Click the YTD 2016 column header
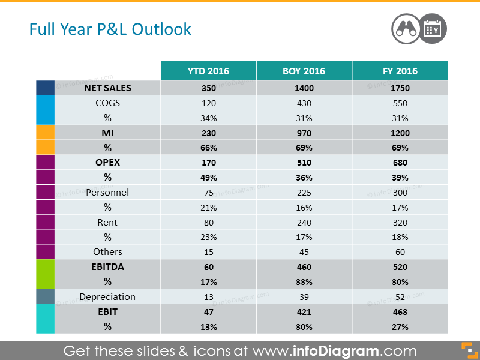point(208,71)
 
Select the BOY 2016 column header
point(304,71)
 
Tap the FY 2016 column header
point(400,71)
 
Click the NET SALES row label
point(108,88)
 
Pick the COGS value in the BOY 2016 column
point(304,103)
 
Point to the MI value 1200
point(400,133)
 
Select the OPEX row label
point(108,163)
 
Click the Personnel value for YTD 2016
point(209,193)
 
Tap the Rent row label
point(107,223)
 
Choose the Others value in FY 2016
point(400,252)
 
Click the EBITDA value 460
point(304,267)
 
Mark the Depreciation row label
point(107,297)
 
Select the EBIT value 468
point(400,312)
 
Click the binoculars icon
point(406,29)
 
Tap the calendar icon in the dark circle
point(432,29)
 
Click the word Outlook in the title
point(161,29)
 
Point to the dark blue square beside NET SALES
point(46,88)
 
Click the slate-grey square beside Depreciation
point(46,296)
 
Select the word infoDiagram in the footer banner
point(336,351)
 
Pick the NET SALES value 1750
point(400,88)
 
